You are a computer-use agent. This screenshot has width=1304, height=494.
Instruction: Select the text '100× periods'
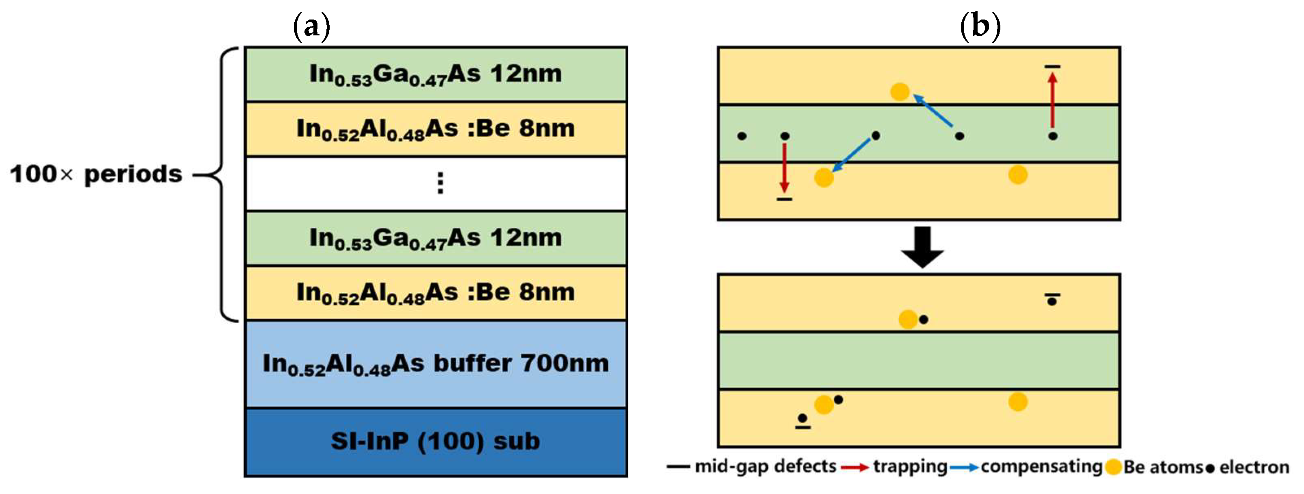click(x=96, y=174)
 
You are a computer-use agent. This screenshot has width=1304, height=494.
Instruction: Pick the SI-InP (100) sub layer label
click(x=435, y=442)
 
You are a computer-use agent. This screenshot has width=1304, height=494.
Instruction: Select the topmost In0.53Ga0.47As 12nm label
click(x=435, y=74)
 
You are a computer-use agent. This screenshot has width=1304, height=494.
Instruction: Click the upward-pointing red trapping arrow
click(x=1052, y=100)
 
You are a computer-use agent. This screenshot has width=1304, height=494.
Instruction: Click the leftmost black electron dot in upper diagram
click(x=741, y=136)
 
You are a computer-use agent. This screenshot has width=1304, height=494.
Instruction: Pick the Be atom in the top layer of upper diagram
click(x=900, y=91)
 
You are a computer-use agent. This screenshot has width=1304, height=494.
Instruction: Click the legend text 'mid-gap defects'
click(x=765, y=466)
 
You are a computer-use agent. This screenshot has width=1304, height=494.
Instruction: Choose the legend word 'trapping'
click(x=910, y=466)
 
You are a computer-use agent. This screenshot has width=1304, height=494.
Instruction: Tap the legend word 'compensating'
click(x=1041, y=466)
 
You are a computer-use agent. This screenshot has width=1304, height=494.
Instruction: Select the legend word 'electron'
click(x=1254, y=467)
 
